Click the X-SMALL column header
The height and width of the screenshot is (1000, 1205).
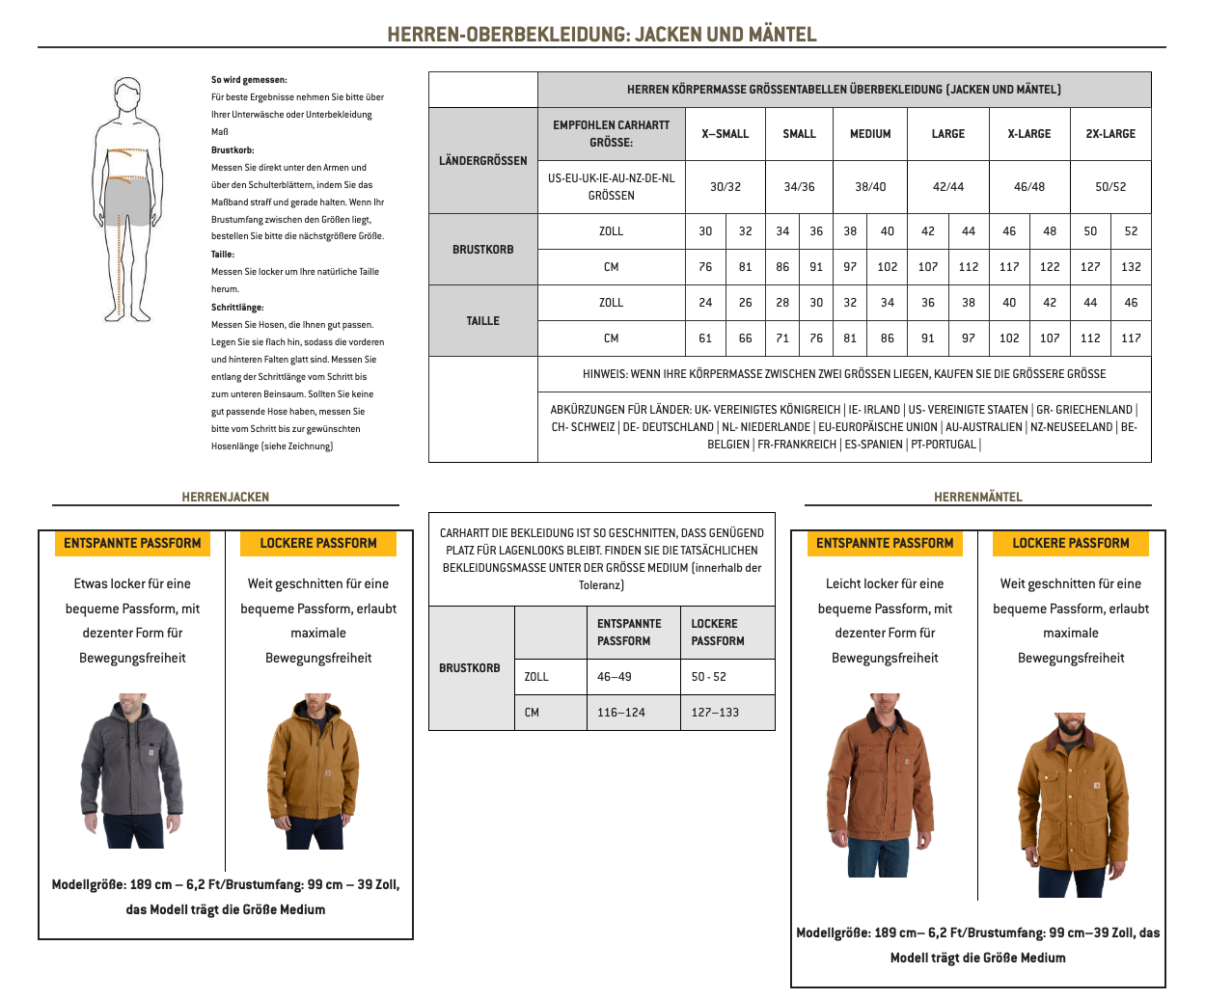click(x=725, y=134)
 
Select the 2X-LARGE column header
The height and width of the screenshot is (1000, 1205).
click(x=1110, y=134)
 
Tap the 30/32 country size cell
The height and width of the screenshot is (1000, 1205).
click(x=725, y=187)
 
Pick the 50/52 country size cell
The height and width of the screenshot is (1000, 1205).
click(x=1110, y=187)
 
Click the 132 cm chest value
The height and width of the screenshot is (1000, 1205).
click(x=1131, y=267)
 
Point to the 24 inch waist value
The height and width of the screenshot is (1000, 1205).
click(x=705, y=303)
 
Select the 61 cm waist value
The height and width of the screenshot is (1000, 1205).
click(x=705, y=338)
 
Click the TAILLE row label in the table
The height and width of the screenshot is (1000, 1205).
click(x=482, y=321)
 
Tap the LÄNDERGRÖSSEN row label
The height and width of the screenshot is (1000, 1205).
click(x=482, y=161)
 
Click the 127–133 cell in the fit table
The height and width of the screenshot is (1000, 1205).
click(x=715, y=713)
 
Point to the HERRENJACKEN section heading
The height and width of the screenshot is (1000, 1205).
click(x=225, y=498)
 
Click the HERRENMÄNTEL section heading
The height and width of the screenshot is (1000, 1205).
click(x=977, y=498)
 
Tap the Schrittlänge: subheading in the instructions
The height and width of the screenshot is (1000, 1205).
click(x=237, y=308)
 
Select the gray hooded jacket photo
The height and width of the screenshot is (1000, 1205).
click(x=131, y=771)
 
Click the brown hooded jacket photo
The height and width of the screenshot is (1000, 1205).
click(x=314, y=771)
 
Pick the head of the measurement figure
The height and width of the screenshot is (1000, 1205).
click(x=127, y=97)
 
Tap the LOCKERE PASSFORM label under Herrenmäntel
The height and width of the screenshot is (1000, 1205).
click(x=1070, y=544)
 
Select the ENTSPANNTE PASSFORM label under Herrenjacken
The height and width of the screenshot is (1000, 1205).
click(x=132, y=544)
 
